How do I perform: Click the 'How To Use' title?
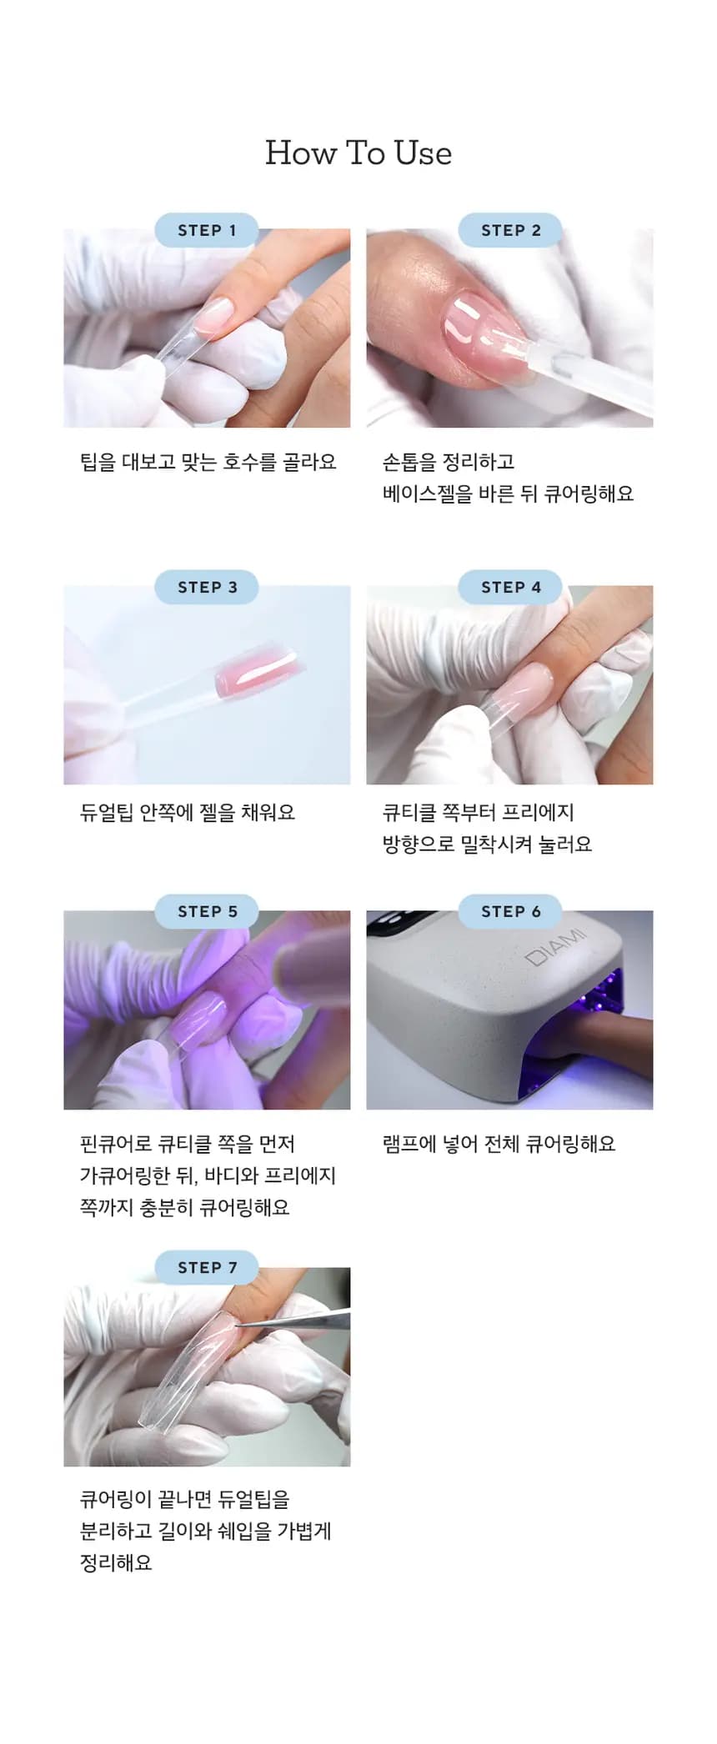coord(358,153)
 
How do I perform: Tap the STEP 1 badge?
coord(207,230)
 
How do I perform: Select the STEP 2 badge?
coord(510,230)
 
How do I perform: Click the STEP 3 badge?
coord(207,587)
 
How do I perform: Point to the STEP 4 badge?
coord(510,587)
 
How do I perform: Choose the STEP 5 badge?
coord(207,911)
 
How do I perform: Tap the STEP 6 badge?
coord(510,911)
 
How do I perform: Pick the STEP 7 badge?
coord(207,1267)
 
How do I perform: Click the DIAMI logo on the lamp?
coord(556,946)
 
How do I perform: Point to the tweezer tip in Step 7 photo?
coord(237,1326)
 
